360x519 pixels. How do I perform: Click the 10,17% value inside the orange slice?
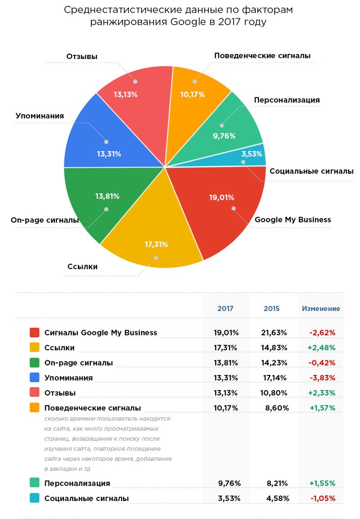tap(193, 95)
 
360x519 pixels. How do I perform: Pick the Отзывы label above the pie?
tap(82, 57)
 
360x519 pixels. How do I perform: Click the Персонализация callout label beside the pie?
tap(287, 100)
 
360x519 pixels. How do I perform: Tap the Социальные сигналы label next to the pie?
tap(311, 171)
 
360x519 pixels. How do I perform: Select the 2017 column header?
tap(225, 308)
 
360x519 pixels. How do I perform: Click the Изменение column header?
tap(321, 308)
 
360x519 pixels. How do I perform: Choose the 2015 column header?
tap(272, 308)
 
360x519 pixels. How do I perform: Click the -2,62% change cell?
tap(322, 333)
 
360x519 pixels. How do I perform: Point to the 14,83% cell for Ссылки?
tap(274, 348)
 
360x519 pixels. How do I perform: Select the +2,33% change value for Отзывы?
tap(322, 393)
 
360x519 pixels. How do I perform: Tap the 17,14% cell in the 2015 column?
tap(274, 378)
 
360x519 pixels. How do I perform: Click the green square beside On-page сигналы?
tap(34, 363)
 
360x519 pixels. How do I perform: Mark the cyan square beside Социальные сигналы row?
tap(34, 498)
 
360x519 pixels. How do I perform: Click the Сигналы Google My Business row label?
tap(101, 333)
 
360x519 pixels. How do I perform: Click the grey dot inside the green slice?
tap(106, 209)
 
